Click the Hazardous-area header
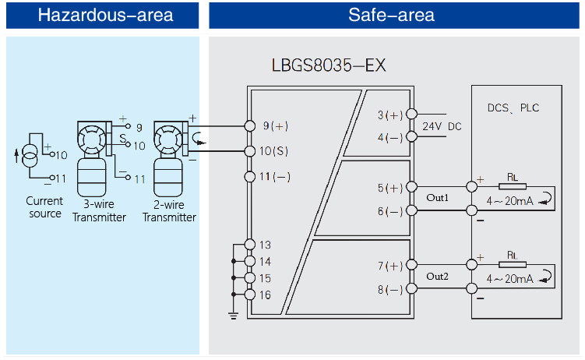(x=105, y=15)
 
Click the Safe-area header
(x=391, y=15)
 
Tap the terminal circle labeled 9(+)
(x=250, y=125)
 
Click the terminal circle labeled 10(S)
(x=250, y=150)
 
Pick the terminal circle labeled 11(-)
(x=250, y=176)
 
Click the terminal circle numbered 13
(x=250, y=245)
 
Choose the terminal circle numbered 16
(x=250, y=294)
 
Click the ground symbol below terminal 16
(x=233, y=314)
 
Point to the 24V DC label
(x=442, y=126)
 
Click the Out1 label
(x=438, y=198)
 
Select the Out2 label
(x=438, y=277)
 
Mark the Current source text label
(x=44, y=208)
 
